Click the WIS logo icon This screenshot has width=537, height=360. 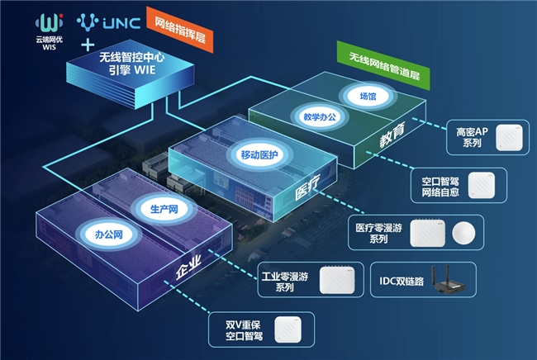point(50,23)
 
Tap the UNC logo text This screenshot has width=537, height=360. point(121,23)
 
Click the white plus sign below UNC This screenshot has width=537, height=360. point(88,45)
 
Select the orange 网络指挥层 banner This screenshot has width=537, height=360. point(180,30)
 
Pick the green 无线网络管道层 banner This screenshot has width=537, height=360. point(384,66)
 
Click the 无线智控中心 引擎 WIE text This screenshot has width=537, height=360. point(132,64)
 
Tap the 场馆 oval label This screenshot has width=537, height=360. point(368,96)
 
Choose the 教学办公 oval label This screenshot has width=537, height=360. point(320,117)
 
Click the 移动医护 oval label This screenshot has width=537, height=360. point(259,154)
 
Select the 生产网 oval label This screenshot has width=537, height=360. point(164,209)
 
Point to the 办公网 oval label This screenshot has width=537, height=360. point(108,234)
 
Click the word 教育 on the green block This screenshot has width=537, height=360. point(392,135)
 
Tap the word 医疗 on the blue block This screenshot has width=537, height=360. point(307,187)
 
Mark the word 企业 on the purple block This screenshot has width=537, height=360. point(188,268)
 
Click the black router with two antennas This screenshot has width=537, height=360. point(449,279)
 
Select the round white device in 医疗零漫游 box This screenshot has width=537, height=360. point(463,233)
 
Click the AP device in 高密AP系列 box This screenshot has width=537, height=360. point(509,138)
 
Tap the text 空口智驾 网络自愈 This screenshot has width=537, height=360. point(440,187)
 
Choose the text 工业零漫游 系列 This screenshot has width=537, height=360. point(284,282)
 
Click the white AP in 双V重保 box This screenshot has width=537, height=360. point(288,329)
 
